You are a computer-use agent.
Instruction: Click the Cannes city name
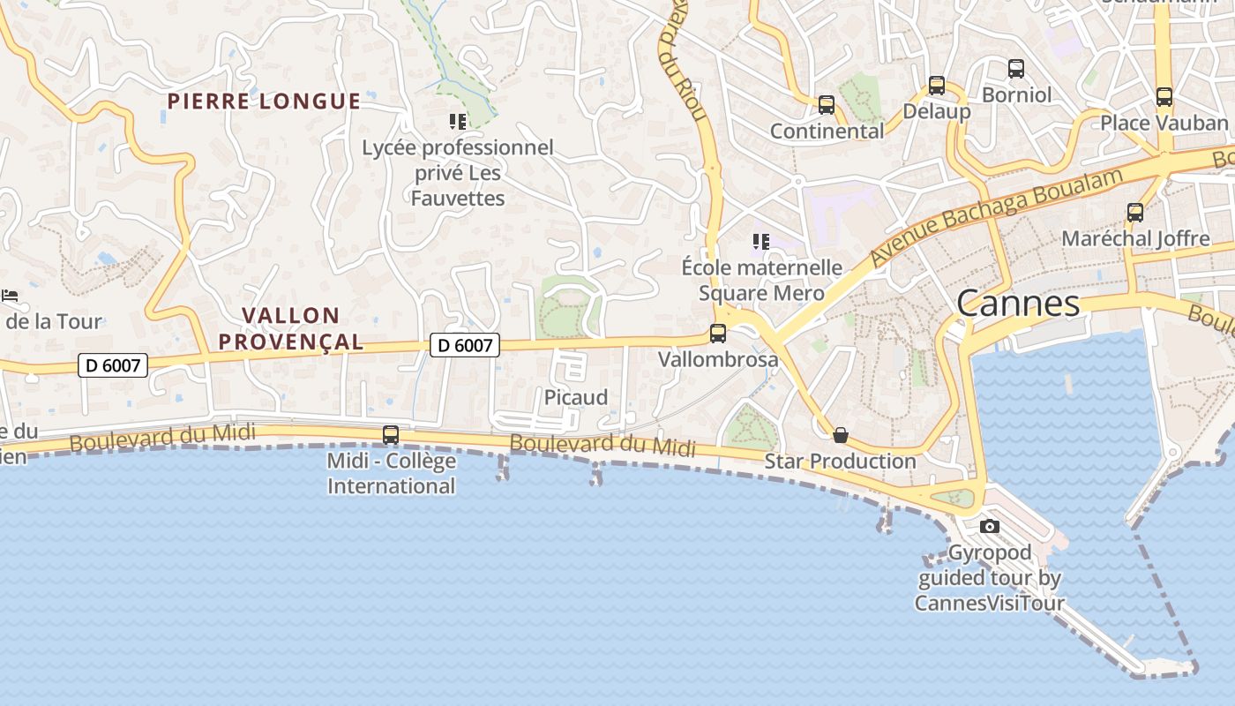[x=1018, y=304]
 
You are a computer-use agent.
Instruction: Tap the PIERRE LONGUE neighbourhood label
[x=264, y=101]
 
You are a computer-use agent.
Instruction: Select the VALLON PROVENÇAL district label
[x=291, y=328]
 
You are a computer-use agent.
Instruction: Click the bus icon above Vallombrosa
[x=718, y=334]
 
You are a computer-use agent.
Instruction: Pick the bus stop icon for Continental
[x=827, y=105]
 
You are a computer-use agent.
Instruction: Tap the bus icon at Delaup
[x=937, y=86]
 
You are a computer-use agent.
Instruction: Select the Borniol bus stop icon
[x=1016, y=69]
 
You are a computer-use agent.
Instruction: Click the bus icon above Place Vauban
[x=1164, y=97]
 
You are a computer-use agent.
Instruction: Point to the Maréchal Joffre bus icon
[x=1135, y=213]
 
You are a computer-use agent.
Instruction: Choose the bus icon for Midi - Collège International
[x=391, y=435]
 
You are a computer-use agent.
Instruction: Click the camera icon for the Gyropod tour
[x=990, y=527]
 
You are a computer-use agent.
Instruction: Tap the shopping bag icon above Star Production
[x=841, y=435]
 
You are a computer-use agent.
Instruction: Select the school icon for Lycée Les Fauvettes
[x=457, y=122]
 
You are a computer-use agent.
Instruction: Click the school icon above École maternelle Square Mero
[x=761, y=242]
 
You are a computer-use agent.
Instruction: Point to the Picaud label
[x=576, y=397]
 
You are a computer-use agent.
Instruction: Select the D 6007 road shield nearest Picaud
[x=465, y=345]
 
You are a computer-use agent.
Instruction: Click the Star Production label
[x=841, y=461]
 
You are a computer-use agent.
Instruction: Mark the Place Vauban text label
[x=1164, y=123]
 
